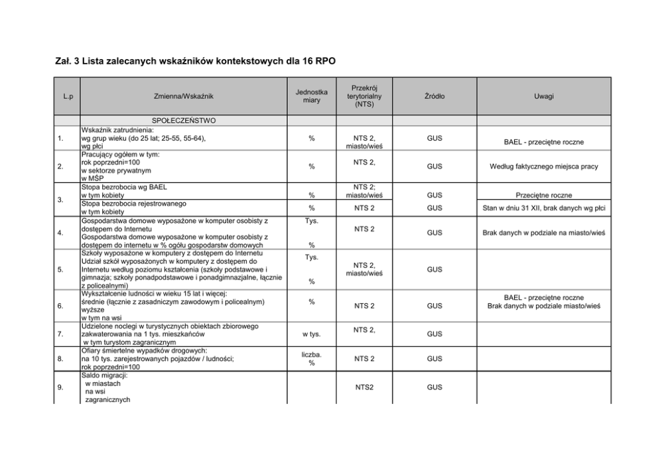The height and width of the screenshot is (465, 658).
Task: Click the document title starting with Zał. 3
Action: [x=195, y=62]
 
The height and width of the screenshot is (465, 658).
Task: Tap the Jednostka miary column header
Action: [x=312, y=96]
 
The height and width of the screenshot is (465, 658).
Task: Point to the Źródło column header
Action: [x=434, y=97]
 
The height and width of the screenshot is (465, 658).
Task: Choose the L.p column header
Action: [x=67, y=97]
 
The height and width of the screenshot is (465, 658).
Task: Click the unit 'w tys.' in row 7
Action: [x=312, y=334]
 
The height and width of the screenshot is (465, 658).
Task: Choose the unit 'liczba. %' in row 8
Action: [x=312, y=359]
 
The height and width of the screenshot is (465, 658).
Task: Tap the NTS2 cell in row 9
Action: [x=364, y=387]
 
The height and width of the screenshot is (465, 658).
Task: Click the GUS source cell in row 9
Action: [x=434, y=387]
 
